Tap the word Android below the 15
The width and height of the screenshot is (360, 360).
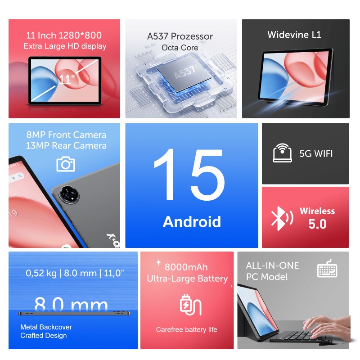192,222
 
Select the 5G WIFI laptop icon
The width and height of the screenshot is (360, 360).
282,153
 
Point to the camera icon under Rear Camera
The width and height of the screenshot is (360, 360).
66,164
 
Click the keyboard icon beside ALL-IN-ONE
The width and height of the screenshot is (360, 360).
327,270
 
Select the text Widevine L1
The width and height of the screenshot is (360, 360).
294,35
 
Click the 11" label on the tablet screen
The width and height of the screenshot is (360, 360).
66,80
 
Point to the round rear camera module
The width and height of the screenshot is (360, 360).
70,193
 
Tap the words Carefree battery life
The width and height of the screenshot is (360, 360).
186,330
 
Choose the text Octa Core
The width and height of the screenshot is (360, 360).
180,48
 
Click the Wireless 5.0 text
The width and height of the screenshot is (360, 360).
317,217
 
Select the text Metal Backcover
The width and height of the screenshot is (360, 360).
46,327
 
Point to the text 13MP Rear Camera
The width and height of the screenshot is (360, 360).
66,146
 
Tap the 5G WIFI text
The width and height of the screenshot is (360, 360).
316,153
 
